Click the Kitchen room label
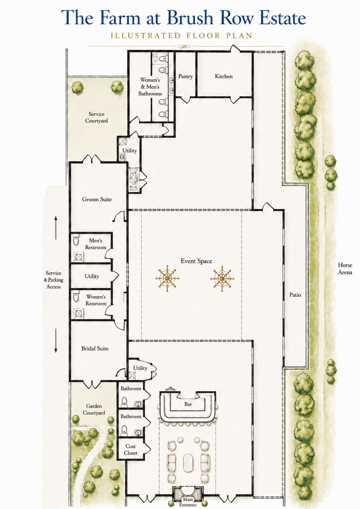click(224, 76)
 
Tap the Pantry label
click(185, 76)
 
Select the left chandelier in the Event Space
click(167, 278)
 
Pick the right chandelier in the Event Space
click(222, 278)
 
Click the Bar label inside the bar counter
click(188, 404)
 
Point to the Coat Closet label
click(131, 450)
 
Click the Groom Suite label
click(97, 199)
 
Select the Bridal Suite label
click(95, 348)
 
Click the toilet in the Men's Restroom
click(76, 240)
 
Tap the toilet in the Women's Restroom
click(76, 296)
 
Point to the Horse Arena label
click(345, 268)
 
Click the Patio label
click(295, 295)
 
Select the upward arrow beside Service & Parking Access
click(56, 227)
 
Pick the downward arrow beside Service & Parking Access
click(56, 341)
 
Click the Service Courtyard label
click(96, 117)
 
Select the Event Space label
click(196, 261)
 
